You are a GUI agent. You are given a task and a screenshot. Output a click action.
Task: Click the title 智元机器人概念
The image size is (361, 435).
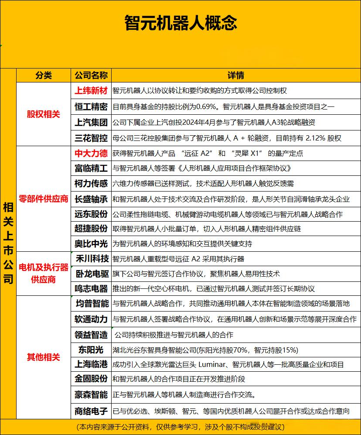click(x=180, y=22)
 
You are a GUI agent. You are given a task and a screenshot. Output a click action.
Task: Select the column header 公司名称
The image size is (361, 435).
click(x=91, y=75)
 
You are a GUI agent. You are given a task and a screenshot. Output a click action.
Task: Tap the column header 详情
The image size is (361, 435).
click(x=236, y=75)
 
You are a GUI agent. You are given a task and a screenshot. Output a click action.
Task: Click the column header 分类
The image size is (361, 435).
click(x=44, y=75)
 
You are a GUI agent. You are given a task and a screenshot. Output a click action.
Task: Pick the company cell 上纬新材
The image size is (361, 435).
click(x=91, y=90)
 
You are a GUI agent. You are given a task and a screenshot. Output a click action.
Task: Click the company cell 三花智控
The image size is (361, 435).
click(x=91, y=138)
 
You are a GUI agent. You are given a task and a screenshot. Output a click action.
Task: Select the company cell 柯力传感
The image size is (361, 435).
click(x=91, y=184)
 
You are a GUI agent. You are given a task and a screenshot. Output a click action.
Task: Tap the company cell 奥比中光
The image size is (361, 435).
click(x=91, y=243)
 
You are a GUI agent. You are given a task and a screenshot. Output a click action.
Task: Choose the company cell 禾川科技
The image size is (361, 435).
click(x=91, y=258)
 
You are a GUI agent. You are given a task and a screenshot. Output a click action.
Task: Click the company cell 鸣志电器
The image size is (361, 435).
click(x=91, y=288)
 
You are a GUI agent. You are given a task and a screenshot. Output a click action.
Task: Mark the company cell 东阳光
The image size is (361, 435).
click(x=91, y=349)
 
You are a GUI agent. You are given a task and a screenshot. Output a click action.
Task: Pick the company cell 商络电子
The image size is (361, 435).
click(x=91, y=411)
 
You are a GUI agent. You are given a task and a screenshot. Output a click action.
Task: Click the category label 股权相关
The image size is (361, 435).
click(x=44, y=114)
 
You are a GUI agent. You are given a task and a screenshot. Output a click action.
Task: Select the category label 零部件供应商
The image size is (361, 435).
click(x=44, y=199)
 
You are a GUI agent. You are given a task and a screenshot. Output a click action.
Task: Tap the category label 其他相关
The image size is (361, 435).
click(x=44, y=357)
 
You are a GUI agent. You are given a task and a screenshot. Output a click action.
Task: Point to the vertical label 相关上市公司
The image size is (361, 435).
click(x=8, y=243)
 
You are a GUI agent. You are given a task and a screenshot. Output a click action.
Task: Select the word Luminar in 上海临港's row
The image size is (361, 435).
click(x=213, y=364)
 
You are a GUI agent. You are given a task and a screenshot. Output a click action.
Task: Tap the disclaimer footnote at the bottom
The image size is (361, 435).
click(x=180, y=426)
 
